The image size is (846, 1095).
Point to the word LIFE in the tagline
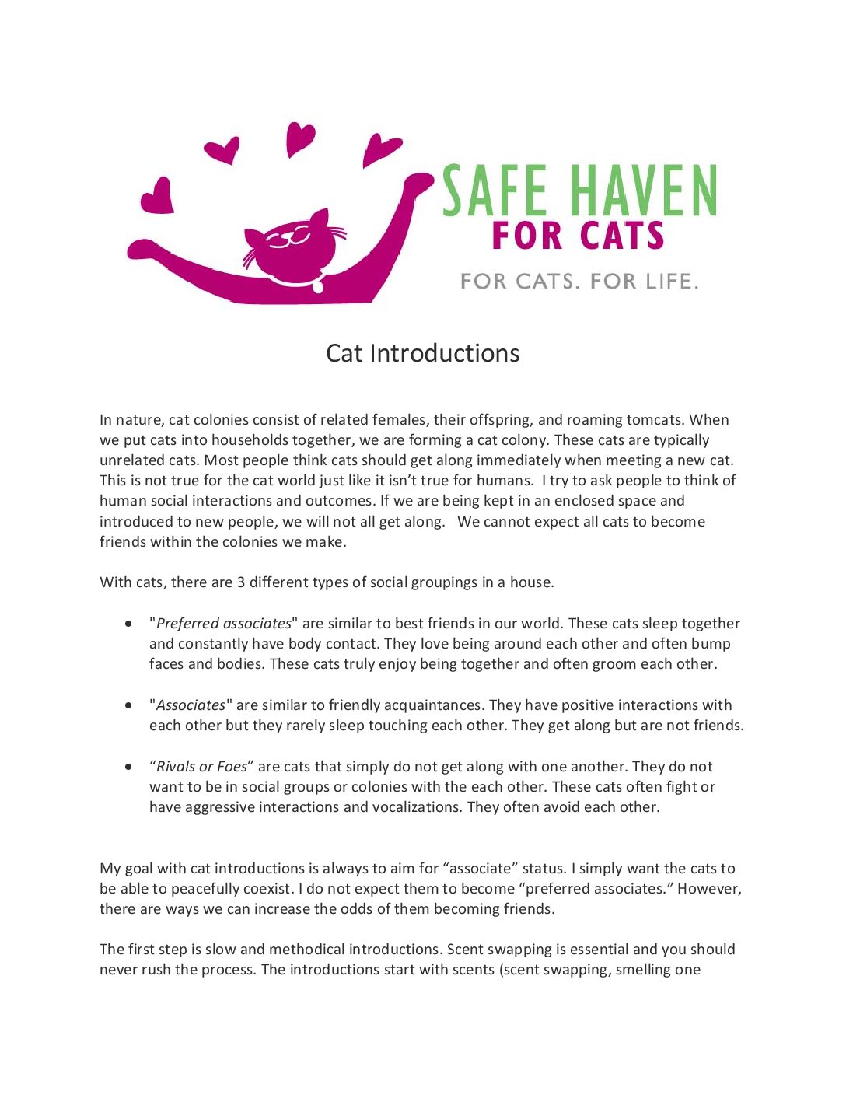point(671,281)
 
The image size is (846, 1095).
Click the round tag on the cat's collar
point(317,286)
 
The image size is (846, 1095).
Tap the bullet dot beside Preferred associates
point(128,624)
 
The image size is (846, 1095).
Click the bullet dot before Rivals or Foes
point(128,767)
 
